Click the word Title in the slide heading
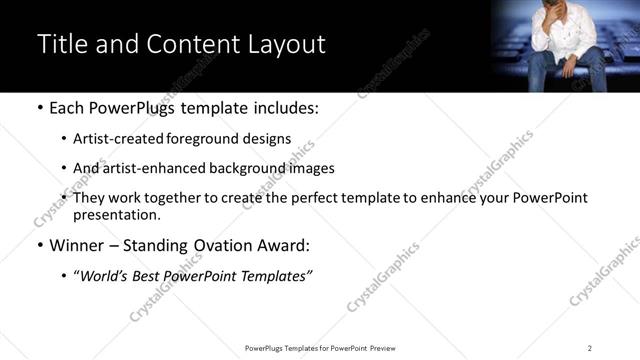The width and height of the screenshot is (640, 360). [x=61, y=45]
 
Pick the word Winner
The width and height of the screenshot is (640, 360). [x=76, y=245]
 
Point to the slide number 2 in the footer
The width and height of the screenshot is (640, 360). [x=590, y=348]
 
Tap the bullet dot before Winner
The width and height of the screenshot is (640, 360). [x=39, y=246]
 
